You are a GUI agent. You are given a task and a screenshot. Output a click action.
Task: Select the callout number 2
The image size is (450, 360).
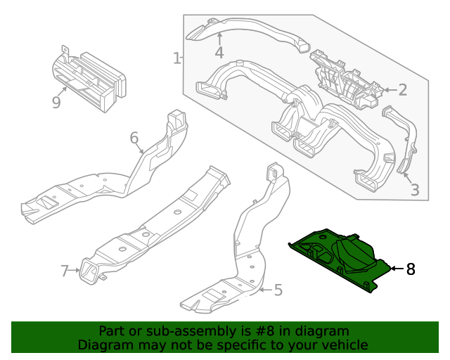pos(402,89)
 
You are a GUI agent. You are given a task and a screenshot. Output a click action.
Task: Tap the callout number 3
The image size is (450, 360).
pos(415,189)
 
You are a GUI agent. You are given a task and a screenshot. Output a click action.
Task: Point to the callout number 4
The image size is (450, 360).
pos(219,53)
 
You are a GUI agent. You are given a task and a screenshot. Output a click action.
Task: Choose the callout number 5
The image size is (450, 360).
pos(278,289)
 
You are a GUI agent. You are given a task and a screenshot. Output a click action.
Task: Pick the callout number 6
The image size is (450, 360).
pos(134,138)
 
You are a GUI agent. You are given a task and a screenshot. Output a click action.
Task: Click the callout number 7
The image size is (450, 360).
pos(65,271)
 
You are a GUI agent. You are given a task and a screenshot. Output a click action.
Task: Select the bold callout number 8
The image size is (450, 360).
pos(411,269)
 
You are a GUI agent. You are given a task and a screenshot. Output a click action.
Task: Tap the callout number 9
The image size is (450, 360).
pos(56,103)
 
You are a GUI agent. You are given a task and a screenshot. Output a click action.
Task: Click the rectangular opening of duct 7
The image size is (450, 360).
pos(90,273)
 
